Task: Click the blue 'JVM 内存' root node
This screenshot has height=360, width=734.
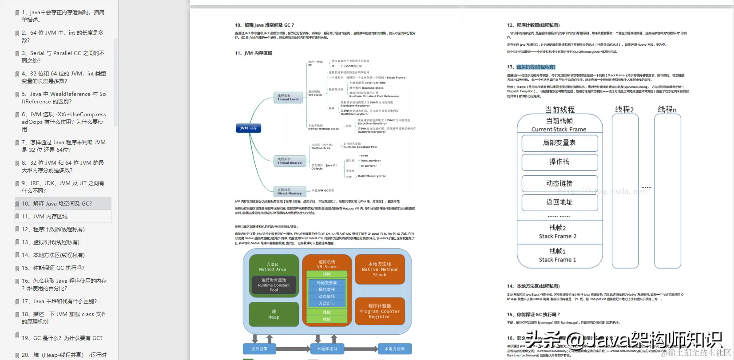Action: tap(248, 128)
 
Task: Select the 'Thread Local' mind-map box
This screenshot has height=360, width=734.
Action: tap(288, 98)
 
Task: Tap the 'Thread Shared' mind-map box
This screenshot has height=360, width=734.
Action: tap(290, 161)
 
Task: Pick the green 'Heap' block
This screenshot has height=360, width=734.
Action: tap(274, 314)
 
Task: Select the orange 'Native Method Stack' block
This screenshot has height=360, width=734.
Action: tap(380, 269)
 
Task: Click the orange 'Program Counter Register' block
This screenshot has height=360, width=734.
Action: tap(380, 311)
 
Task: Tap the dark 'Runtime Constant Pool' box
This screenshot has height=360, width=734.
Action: tap(274, 285)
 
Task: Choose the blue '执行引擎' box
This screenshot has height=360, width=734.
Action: tap(259, 349)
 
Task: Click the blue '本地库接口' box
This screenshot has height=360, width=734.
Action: tap(327, 349)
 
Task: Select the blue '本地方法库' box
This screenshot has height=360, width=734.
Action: tap(394, 349)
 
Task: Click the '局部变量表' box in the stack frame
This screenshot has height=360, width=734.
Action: tap(559, 143)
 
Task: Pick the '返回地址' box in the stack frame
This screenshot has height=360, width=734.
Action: tap(559, 202)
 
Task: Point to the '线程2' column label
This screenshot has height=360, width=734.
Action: tap(624, 110)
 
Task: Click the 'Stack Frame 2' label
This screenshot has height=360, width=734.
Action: tap(558, 236)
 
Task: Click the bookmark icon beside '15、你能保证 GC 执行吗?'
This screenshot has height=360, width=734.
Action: tap(17, 269)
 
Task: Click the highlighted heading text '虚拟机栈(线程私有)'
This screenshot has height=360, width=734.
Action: tap(536, 67)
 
